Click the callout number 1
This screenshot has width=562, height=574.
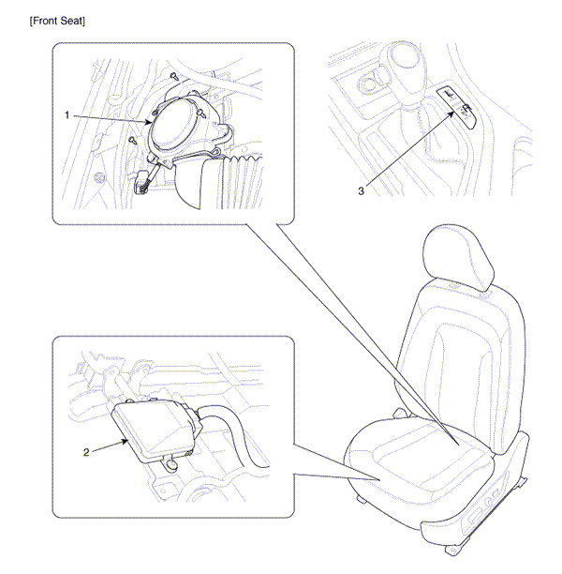[67, 115]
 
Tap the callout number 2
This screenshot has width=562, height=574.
[86, 452]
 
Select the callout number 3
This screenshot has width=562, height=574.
[362, 191]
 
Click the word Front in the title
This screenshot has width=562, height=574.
[45, 22]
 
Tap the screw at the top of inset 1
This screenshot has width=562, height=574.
[175, 77]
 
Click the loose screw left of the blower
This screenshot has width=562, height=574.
[132, 140]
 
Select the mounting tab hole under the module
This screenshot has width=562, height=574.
[170, 464]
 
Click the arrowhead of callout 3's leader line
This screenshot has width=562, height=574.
[452, 113]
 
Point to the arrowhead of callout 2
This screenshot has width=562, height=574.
[126, 441]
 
